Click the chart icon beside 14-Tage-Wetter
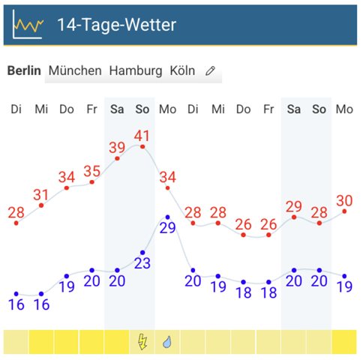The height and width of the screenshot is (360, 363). (28, 25)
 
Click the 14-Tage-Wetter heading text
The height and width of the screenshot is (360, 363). (117, 25)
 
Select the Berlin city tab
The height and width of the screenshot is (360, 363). (24, 70)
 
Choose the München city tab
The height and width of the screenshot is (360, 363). (75, 70)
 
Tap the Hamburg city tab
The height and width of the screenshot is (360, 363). (136, 71)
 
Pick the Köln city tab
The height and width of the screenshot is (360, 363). (182, 70)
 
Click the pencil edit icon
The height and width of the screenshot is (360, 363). (210, 70)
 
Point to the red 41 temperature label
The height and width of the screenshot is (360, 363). (142, 136)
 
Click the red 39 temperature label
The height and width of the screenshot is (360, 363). (117, 148)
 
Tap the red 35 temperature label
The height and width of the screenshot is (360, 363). (92, 171)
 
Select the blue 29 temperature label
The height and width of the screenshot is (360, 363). (167, 228)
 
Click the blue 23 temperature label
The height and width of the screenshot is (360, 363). (142, 263)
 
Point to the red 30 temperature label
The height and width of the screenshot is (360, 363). (344, 200)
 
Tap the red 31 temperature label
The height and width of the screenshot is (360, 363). (40, 195)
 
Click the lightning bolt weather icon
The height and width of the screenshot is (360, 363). (142, 341)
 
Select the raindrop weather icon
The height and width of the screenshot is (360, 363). (167, 342)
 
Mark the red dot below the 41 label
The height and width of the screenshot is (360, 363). (142, 147)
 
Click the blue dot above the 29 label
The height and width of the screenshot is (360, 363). (167, 217)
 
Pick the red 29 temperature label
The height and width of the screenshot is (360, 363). (294, 206)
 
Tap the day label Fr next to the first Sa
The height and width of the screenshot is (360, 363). (92, 109)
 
